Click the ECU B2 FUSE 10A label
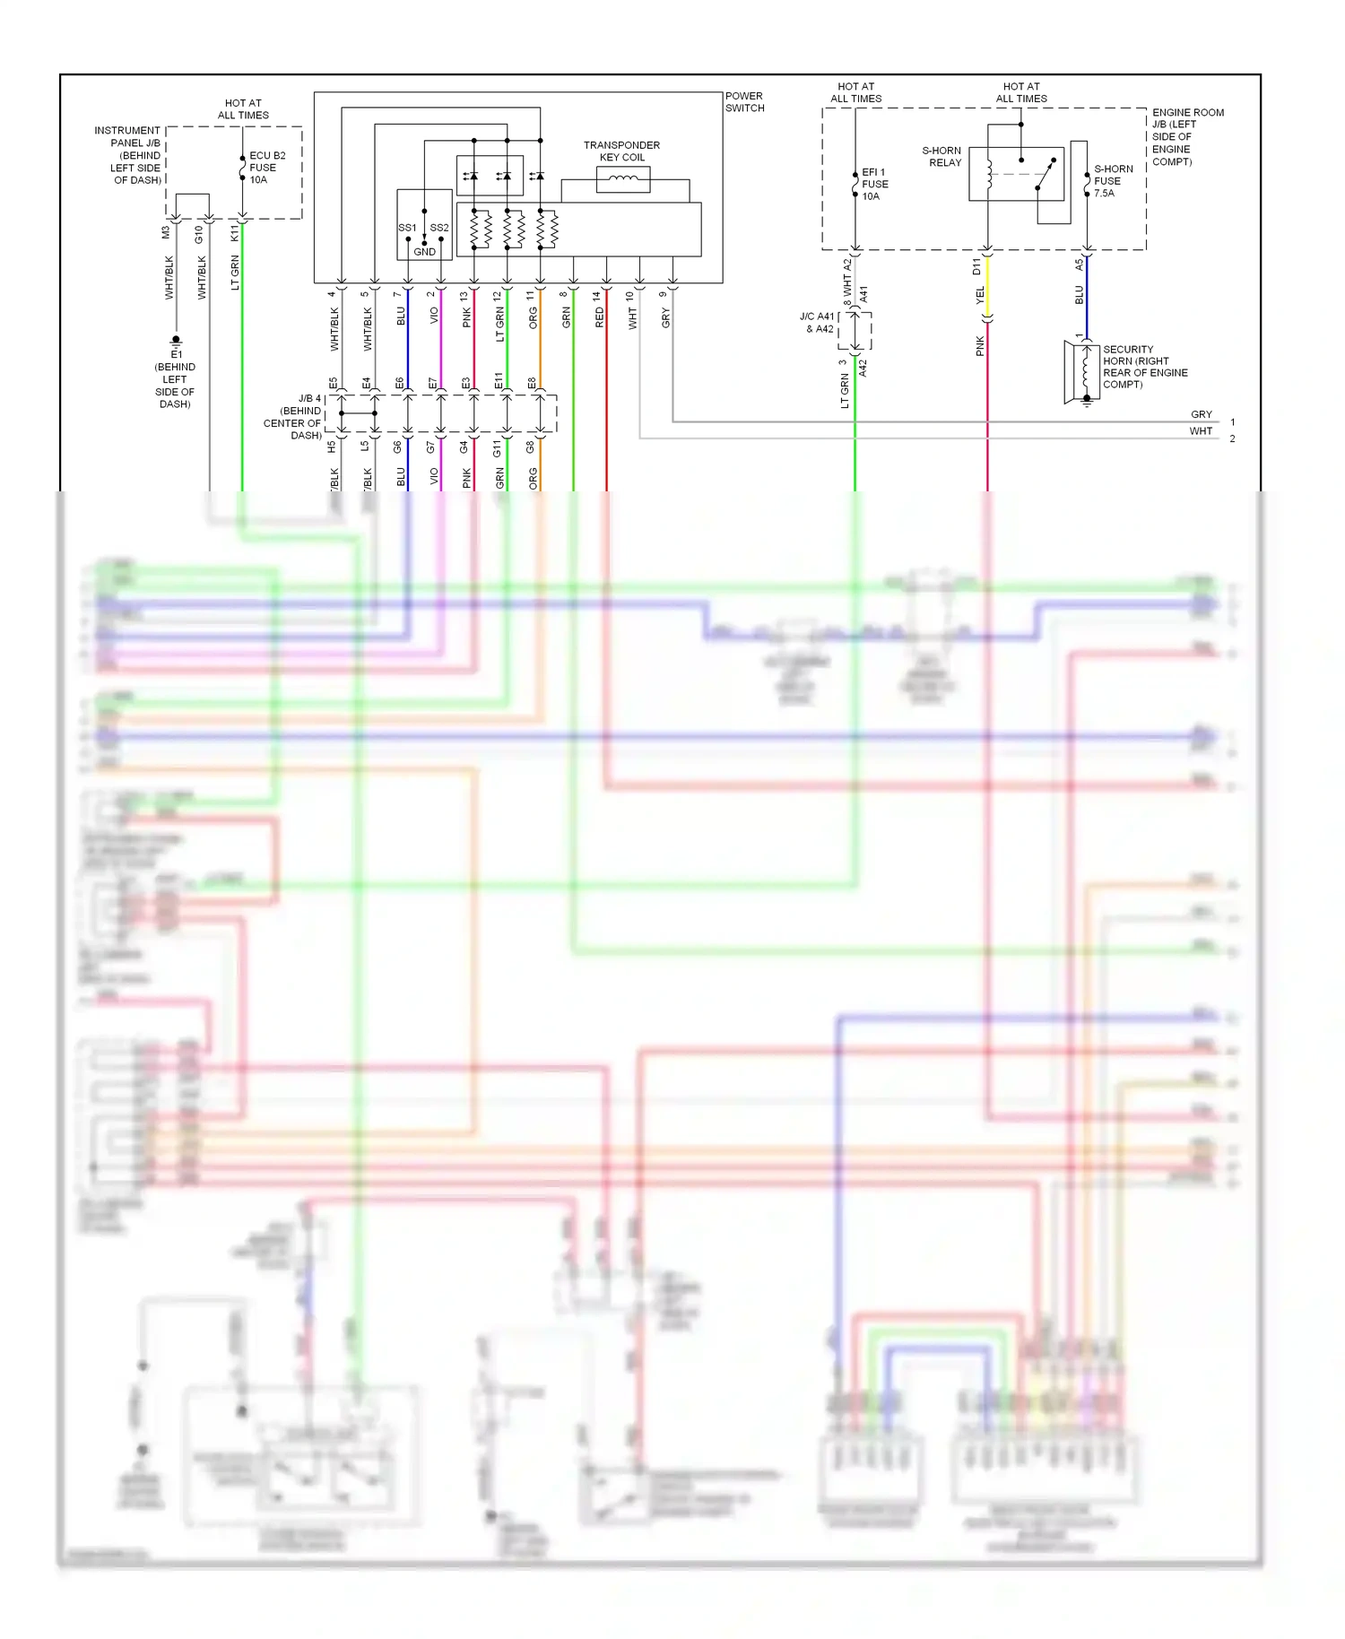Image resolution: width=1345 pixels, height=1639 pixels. point(266,168)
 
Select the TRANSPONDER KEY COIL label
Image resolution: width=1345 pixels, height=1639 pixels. point(621,151)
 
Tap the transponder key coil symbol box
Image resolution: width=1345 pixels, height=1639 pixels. point(623,179)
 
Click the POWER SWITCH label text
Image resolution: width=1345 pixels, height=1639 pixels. point(744,101)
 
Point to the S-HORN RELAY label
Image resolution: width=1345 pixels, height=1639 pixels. point(942,156)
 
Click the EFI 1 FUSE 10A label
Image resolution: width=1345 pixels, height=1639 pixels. point(873,184)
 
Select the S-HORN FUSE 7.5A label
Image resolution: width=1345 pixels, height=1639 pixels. point(1113,180)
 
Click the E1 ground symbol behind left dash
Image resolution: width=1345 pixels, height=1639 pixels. point(176,342)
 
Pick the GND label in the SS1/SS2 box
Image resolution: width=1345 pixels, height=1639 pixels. point(424,252)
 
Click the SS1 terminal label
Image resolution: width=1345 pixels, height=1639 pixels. point(407,228)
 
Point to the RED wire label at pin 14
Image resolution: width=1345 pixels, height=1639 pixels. point(600,317)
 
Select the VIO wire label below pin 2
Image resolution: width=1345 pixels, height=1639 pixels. point(434,316)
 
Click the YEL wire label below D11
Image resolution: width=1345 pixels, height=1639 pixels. point(980,294)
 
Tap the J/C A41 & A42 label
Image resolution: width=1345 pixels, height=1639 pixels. point(817,323)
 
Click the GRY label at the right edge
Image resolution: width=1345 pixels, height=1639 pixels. point(1201,414)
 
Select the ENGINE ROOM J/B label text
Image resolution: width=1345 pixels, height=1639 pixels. point(1187,136)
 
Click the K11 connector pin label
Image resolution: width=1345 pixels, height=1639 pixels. point(235,233)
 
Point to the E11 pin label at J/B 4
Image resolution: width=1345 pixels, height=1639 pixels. point(499,381)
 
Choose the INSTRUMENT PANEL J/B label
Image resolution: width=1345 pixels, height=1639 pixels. point(127,155)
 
